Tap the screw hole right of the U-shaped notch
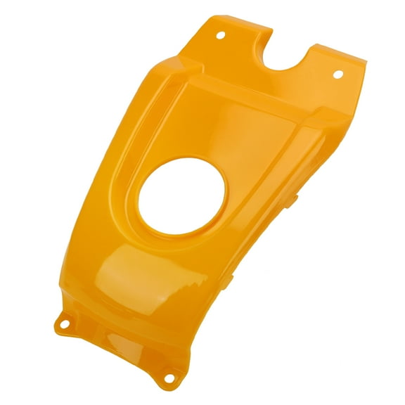click(x=335, y=74)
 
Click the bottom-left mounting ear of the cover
click(x=69, y=320)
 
